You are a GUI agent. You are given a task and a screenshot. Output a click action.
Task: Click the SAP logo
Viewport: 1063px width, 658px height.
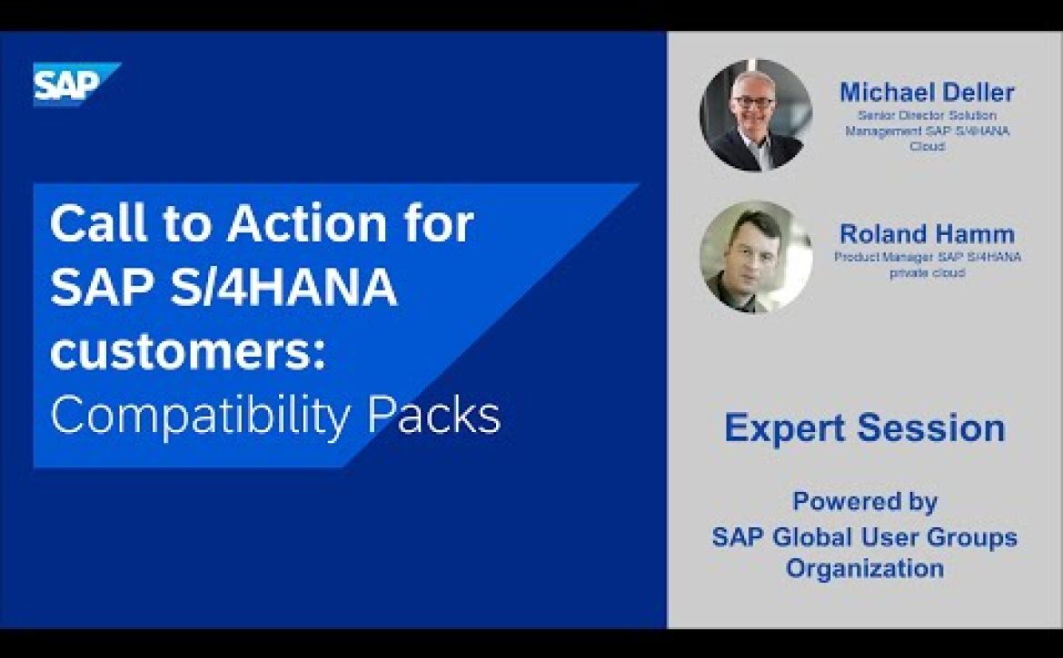tap(76, 83)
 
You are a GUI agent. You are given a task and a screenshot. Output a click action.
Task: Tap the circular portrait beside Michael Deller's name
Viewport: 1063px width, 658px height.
tap(756, 115)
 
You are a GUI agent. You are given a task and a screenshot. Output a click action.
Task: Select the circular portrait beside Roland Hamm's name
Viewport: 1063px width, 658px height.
tap(756, 257)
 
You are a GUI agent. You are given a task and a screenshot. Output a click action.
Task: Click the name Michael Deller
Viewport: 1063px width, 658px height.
tap(927, 92)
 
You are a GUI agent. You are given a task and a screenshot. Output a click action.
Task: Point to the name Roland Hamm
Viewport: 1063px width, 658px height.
tap(927, 233)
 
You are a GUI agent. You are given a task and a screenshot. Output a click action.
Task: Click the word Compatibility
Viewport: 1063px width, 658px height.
tap(200, 416)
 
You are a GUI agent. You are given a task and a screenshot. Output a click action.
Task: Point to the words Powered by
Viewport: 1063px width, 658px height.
tap(865, 502)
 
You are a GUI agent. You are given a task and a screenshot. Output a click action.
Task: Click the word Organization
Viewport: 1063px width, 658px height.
tap(865, 567)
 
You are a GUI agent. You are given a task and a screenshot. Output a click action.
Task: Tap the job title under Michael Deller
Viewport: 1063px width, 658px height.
tap(927, 131)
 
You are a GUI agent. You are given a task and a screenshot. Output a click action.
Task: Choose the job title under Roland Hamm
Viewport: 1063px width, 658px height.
tap(928, 265)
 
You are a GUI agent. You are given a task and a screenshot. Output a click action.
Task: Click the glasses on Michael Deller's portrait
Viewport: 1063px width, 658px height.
tap(754, 103)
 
